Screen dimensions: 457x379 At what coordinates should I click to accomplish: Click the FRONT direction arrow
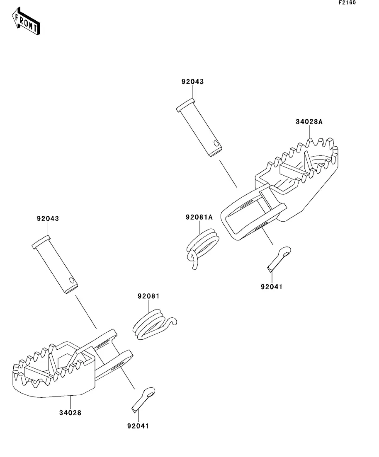click(x=27, y=22)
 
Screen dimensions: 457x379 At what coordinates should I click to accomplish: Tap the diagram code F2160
click(x=347, y=3)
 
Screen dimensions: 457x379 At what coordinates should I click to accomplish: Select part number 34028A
click(x=309, y=122)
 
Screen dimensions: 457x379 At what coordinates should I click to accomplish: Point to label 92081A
click(x=199, y=217)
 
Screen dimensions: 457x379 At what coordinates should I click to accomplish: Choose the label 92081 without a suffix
click(x=148, y=296)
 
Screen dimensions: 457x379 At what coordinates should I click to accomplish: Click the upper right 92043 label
click(x=192, y=82)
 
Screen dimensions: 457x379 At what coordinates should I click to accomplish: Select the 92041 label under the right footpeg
click(x=271, y=286)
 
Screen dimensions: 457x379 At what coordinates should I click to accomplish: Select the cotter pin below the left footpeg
click(x=143, y=398)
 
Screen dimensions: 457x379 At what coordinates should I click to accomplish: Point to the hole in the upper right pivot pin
click(x=215, y=144)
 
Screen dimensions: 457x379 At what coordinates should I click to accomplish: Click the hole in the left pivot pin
click(x=72, y=281)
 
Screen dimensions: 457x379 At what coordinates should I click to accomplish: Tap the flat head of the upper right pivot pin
click(x=185, y=105)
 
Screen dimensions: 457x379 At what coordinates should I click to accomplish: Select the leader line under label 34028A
click(x=309, y=132)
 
